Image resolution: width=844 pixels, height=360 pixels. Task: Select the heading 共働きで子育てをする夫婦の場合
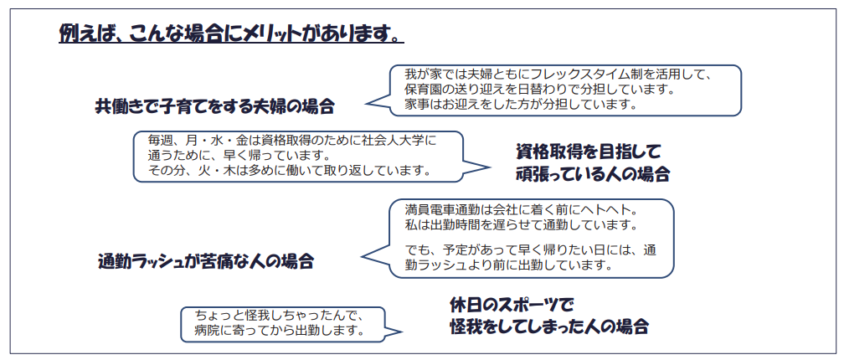215,106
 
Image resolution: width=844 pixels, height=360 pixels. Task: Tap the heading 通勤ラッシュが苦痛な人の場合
206,261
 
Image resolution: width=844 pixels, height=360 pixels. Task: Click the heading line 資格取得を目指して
589,152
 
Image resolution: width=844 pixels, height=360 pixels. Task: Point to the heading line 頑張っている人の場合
593,175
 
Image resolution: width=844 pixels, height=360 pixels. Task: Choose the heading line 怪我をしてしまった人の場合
548,327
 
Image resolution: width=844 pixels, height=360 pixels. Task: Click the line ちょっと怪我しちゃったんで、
276,316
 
